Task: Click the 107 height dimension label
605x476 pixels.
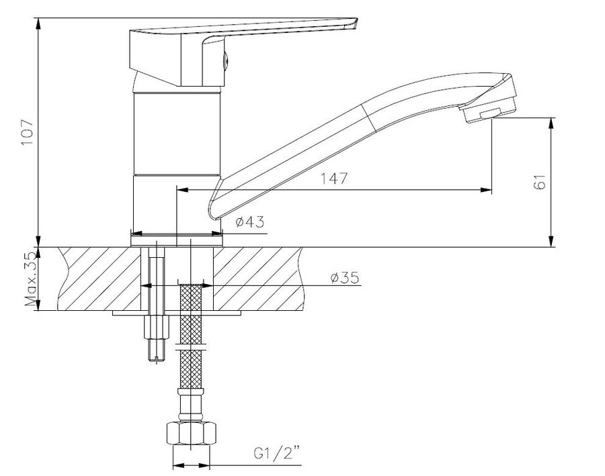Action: click(x=28, y=132)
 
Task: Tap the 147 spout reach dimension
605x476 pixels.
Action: click(x=334, y=179)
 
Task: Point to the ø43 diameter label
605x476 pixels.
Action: click(x=250, y=222)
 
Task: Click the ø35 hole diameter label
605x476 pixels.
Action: click(x=345, y=277)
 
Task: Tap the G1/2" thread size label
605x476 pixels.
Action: click(x=277, y=453)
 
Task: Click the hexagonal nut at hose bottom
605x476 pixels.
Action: click(x=191, y=434)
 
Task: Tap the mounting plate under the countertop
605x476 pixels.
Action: click(x=177, y=313)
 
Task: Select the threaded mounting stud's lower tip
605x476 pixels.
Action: click(x=156, y=360)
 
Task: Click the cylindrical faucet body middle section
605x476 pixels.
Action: click(x=177, y=134)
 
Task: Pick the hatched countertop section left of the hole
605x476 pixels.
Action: click(x=99, y=279)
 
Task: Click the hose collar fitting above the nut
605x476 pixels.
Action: click(x=191, y=406)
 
